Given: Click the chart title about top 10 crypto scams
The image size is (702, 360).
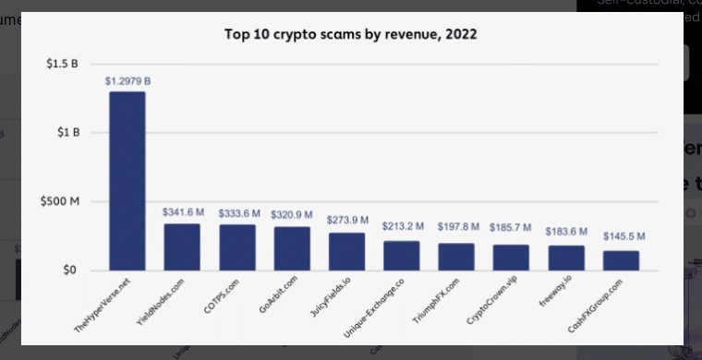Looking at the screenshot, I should pos(351,35).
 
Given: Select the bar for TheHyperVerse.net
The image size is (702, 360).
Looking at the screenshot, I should pos(127,181).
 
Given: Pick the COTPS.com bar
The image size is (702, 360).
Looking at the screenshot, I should pos(237,247).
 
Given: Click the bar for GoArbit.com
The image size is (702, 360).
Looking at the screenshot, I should pos(292,248).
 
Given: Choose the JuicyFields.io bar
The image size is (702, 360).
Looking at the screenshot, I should pos(347,251).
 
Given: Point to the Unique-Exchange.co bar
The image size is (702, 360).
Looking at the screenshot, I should pos(402,256).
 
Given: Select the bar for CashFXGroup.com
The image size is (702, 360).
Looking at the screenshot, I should pos(621,260).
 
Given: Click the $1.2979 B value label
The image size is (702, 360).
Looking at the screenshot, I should pos(127,81).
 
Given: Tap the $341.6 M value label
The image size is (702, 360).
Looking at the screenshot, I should pos(182,212).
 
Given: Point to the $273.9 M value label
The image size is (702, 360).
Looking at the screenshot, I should pos(347,221).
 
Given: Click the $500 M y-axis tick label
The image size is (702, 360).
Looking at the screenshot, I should pos(63,201).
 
